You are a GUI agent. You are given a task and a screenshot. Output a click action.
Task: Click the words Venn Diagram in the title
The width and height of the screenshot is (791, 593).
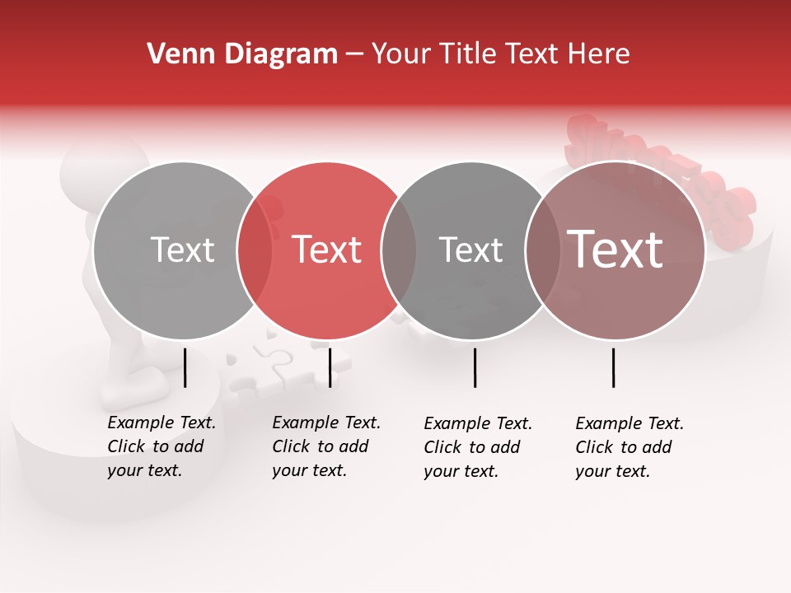click(242, 54)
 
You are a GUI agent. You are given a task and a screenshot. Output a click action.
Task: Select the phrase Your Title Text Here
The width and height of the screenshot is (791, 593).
click(500, 54)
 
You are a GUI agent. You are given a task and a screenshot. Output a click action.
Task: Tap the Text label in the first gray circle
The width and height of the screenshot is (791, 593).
click(182, 250)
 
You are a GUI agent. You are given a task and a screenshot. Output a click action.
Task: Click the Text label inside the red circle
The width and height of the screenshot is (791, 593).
click(327, 250)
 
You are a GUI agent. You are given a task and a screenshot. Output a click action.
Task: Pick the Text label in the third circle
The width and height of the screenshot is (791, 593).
click(470, 250)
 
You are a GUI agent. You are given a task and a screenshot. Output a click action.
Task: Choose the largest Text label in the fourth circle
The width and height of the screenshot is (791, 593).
click(615, 250)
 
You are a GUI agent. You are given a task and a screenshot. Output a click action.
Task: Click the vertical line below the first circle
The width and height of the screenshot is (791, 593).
click(185, 367)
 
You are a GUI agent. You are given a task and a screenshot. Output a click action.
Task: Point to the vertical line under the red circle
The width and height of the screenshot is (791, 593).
click(330, 367)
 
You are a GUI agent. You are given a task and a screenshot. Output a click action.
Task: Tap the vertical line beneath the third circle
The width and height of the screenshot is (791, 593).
click(475, 367)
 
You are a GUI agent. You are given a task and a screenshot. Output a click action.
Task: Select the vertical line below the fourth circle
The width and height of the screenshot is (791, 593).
click(614, 367)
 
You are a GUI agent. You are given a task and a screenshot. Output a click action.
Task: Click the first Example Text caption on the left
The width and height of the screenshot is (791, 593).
click(161, 446)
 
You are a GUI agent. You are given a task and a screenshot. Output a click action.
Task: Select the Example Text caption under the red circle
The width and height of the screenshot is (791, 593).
click(325, 446)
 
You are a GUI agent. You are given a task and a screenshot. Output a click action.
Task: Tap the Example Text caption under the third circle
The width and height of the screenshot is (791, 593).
click(477, 447)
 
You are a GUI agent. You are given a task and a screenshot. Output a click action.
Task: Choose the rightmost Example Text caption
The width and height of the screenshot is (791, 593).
click(629, 447)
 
